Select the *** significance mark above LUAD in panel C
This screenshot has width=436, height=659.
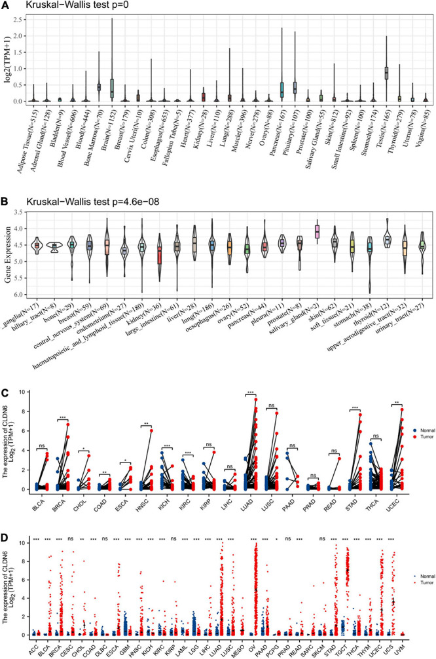251,394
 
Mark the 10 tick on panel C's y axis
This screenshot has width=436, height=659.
40,392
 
